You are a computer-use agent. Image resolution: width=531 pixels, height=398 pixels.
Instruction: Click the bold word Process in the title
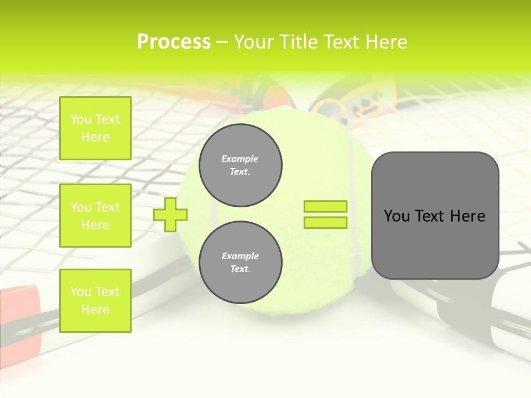(x=174, y=41)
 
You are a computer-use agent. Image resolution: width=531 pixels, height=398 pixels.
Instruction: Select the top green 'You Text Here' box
(x=95, y=128)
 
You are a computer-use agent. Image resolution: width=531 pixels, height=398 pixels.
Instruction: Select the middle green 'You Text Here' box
(x=95, y=216)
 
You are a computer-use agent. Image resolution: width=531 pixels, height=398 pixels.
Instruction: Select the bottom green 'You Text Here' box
(x=95, y=301)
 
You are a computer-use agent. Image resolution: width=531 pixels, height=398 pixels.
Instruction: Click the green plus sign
(x=170, y=214)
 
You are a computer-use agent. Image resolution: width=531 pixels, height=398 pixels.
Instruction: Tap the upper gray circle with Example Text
(x=241, y=165)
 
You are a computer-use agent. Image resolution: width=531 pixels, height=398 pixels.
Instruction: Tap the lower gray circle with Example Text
(x=241, y=263)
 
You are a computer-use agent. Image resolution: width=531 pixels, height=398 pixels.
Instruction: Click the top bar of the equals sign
(x=325, y=206)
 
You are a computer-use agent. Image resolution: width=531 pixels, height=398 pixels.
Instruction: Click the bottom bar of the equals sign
(x=325, y=223)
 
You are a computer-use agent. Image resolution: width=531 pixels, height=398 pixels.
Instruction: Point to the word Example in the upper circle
(x=240, y=159)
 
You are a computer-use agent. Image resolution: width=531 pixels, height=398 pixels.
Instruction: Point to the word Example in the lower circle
(x=240, y=256)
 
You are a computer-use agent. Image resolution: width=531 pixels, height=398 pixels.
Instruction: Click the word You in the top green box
(x=81, y=119)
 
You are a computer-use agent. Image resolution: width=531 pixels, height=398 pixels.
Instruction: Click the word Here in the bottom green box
(x=95, y=310)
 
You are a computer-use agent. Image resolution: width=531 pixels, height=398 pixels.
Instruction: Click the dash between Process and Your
(x=222, y=42)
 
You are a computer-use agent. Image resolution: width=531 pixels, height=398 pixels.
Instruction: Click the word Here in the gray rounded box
(x=467, y=216)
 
